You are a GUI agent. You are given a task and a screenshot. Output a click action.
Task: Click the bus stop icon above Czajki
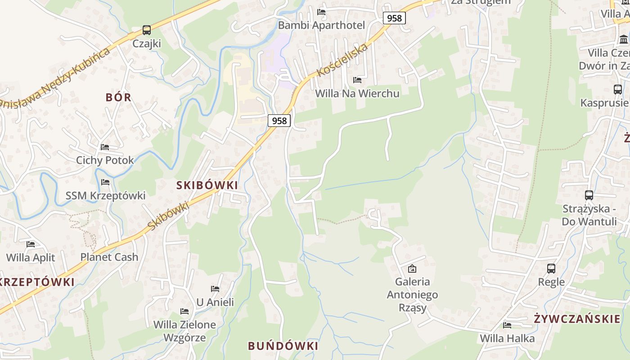coord(147,30)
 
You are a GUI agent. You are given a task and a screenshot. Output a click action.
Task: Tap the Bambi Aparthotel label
coord(321,25)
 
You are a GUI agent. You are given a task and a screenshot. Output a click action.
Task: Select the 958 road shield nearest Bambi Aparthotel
coord(394,18)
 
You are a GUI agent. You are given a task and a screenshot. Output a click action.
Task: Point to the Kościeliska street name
coord(342,60)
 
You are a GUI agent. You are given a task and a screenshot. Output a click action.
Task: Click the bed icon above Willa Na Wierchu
coord(357,80)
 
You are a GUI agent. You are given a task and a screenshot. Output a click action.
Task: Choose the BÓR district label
coord(118,97)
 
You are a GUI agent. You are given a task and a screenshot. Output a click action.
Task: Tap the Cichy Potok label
coord(105,160)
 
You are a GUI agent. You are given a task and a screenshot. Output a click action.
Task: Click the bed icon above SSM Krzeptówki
coord(105,182)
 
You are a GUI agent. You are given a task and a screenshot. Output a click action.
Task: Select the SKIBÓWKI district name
coord(207,185)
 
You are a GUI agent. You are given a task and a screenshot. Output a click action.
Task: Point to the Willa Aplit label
coord(31,258)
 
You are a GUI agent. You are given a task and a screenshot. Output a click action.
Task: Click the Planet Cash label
coord(109,257)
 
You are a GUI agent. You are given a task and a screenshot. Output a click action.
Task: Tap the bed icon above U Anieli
coord(215,288)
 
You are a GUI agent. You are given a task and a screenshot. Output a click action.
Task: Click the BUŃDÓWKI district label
coord(283,346)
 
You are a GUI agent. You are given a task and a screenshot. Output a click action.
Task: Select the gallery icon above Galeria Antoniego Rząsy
coord(412,269)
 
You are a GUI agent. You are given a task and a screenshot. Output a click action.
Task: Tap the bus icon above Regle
coord(551,269)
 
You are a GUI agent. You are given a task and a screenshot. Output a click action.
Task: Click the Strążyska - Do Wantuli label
coord(589,215)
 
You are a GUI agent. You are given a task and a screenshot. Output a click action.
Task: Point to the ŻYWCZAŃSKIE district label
coord(577,319)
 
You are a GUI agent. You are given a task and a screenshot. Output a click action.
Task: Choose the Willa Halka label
coord(507,338)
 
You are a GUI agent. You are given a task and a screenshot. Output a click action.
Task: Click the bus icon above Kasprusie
coord(618,89)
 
